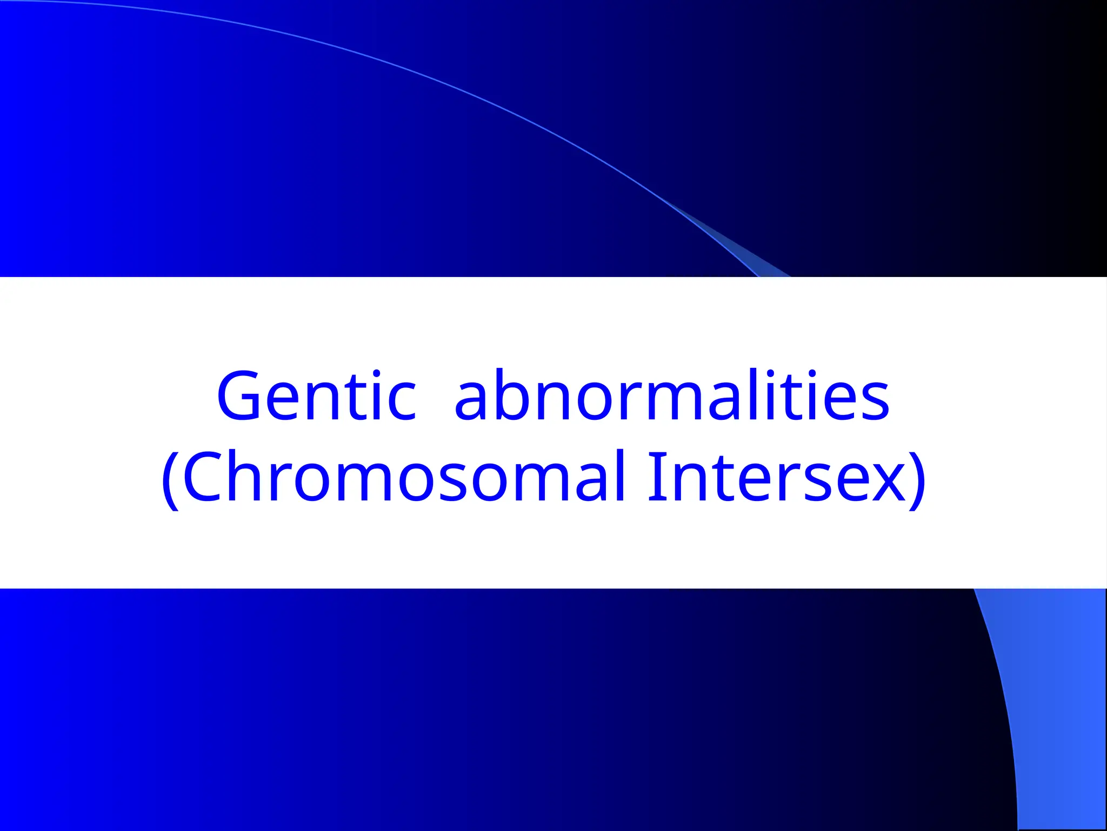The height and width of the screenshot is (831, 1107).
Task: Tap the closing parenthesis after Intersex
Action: [x=918, y=479]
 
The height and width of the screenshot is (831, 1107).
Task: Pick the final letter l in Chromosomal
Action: [x=621, y=476]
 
